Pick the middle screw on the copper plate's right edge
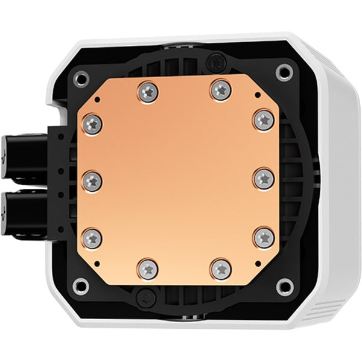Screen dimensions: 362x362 [x=263, y=177]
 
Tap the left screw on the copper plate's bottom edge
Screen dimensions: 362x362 [x=147, y=266]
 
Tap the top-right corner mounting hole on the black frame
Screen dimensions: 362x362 [x=281, y=72]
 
